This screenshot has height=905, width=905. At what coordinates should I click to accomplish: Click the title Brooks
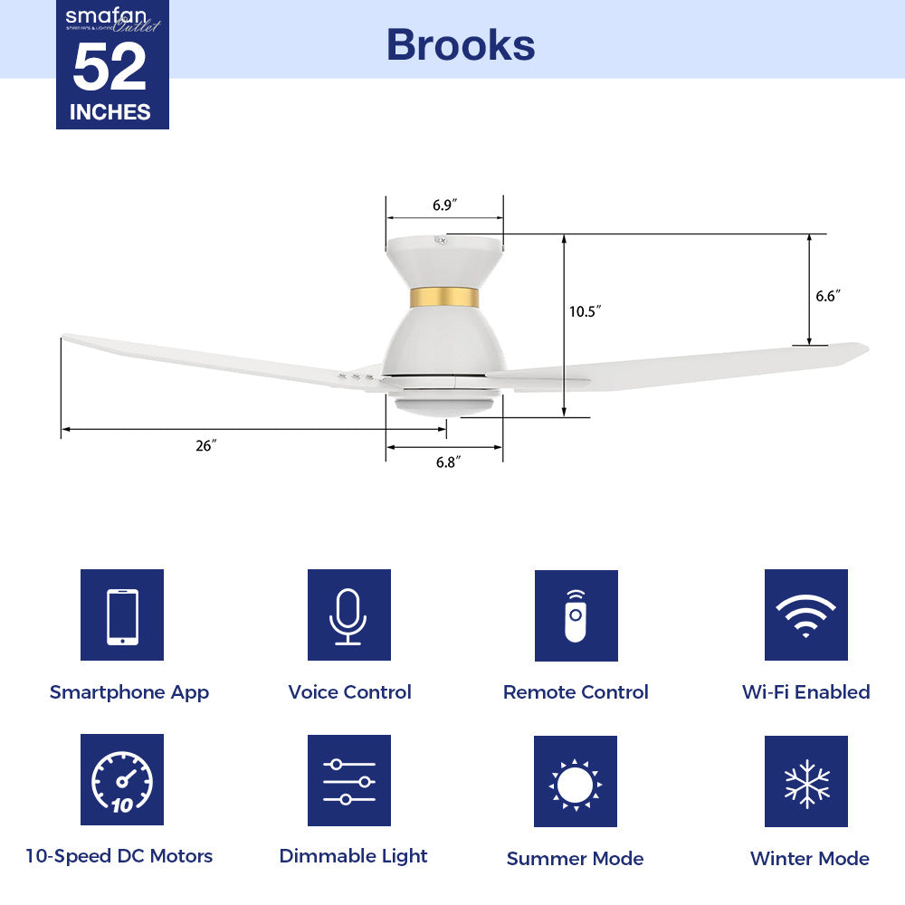pyautogui.click(x=461, y=44)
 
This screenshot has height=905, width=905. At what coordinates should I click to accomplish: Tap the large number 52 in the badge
pyautogui.click(x=110, y=68)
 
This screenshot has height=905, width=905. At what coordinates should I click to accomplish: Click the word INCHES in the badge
pyautogui.click(x=110, y=112)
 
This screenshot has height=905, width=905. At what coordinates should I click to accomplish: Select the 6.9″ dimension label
pyautogui.click(x=443, y=205)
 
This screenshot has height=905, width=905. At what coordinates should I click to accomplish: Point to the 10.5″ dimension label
pyautogui.click(x=586, y=311)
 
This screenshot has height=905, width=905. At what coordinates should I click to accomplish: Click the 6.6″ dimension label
pyautogui.click(x=828, y=295)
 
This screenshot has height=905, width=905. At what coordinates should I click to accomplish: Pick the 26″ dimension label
pyautogui.click(x=206, y=445)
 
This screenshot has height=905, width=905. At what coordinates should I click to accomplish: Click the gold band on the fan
pyautogui.click(x=443, y=297)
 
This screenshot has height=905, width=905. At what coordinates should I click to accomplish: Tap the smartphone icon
pyautogui.click(x=122, y=615)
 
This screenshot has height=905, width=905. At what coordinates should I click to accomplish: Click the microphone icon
pyautogui.click(x=348, y=615)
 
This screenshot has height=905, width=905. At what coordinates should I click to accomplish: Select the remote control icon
pyautogui.click(x=576, y=615)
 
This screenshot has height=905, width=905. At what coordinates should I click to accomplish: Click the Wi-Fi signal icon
pyautogui.click(x=805, y=615)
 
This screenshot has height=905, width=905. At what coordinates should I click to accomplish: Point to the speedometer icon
pyautogui.click(x=122, y=780)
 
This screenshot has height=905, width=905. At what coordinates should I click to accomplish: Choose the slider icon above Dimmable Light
pyautogui.click(x=348, y=780)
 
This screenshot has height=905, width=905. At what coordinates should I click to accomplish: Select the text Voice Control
pyautogui.click(x=349, y=692)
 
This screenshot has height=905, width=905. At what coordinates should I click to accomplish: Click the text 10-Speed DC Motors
pyautogui.click(x=119, y=856)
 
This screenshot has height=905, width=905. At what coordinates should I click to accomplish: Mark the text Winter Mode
pyautogui.click(x=809, y=858)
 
